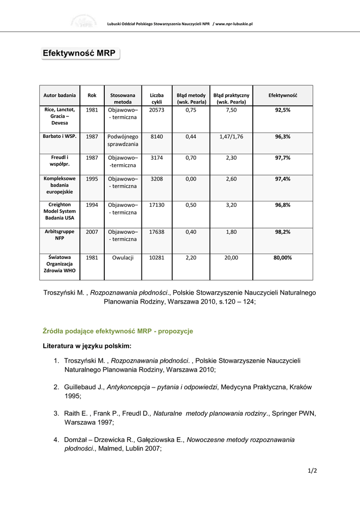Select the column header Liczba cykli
click(x=156, y=98)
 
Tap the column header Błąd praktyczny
click(x=231, y=98)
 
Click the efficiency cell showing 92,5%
click(x=283, y=110)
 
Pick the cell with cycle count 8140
click(x=156, y=136)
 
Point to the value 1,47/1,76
click(x=231, y=136)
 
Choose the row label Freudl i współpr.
click(x=60, y=161)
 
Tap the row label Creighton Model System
click(x=60, y=211)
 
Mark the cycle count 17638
click(x=156, y=231)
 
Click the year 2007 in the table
click(x=92, y=231)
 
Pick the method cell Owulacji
click(x=123, y=257)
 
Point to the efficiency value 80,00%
click(x=283, y=257)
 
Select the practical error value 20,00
click(x=231, y=257)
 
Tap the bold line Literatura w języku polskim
click(x=87, y=346)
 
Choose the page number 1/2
click(x=312, y=471)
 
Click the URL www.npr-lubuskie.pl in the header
click(x=234, y=23)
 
